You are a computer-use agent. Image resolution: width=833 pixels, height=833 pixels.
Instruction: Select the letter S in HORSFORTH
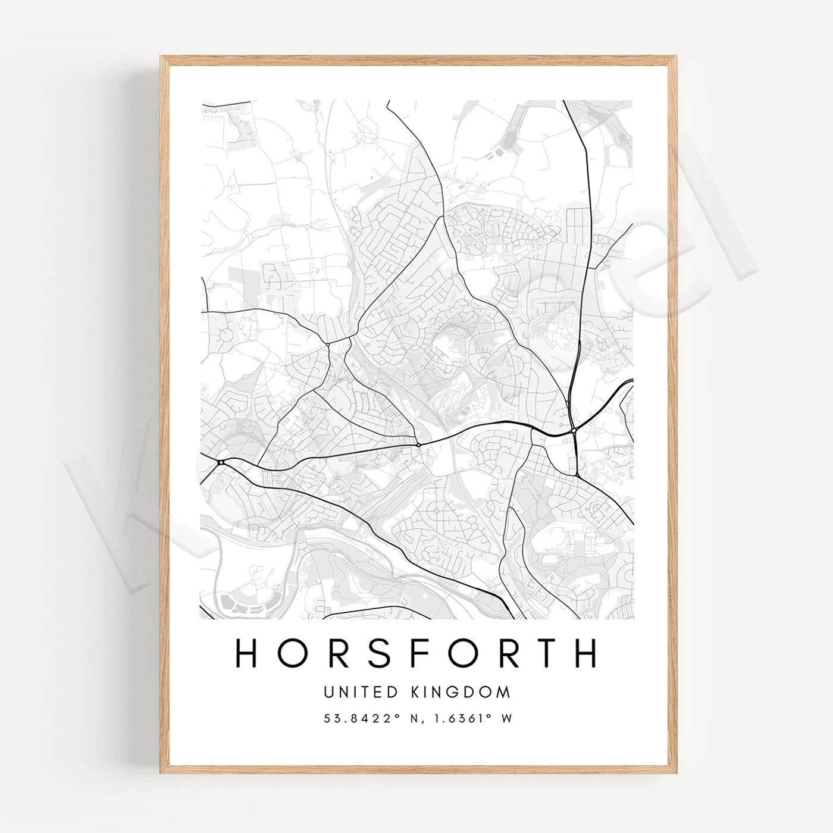click(351, 653)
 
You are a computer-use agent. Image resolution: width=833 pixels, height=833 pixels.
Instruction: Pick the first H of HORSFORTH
click(247, 653)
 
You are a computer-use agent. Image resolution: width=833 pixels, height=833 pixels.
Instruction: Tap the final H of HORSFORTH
click(585, 653)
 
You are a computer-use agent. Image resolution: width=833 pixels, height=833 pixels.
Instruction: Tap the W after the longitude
click(507, 719)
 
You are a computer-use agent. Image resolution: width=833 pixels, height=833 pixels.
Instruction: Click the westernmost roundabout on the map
click(221, 462)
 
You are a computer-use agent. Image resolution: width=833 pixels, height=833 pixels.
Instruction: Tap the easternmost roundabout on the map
click(572, 431)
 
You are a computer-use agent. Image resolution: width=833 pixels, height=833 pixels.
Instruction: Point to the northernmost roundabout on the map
click(328, 344)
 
